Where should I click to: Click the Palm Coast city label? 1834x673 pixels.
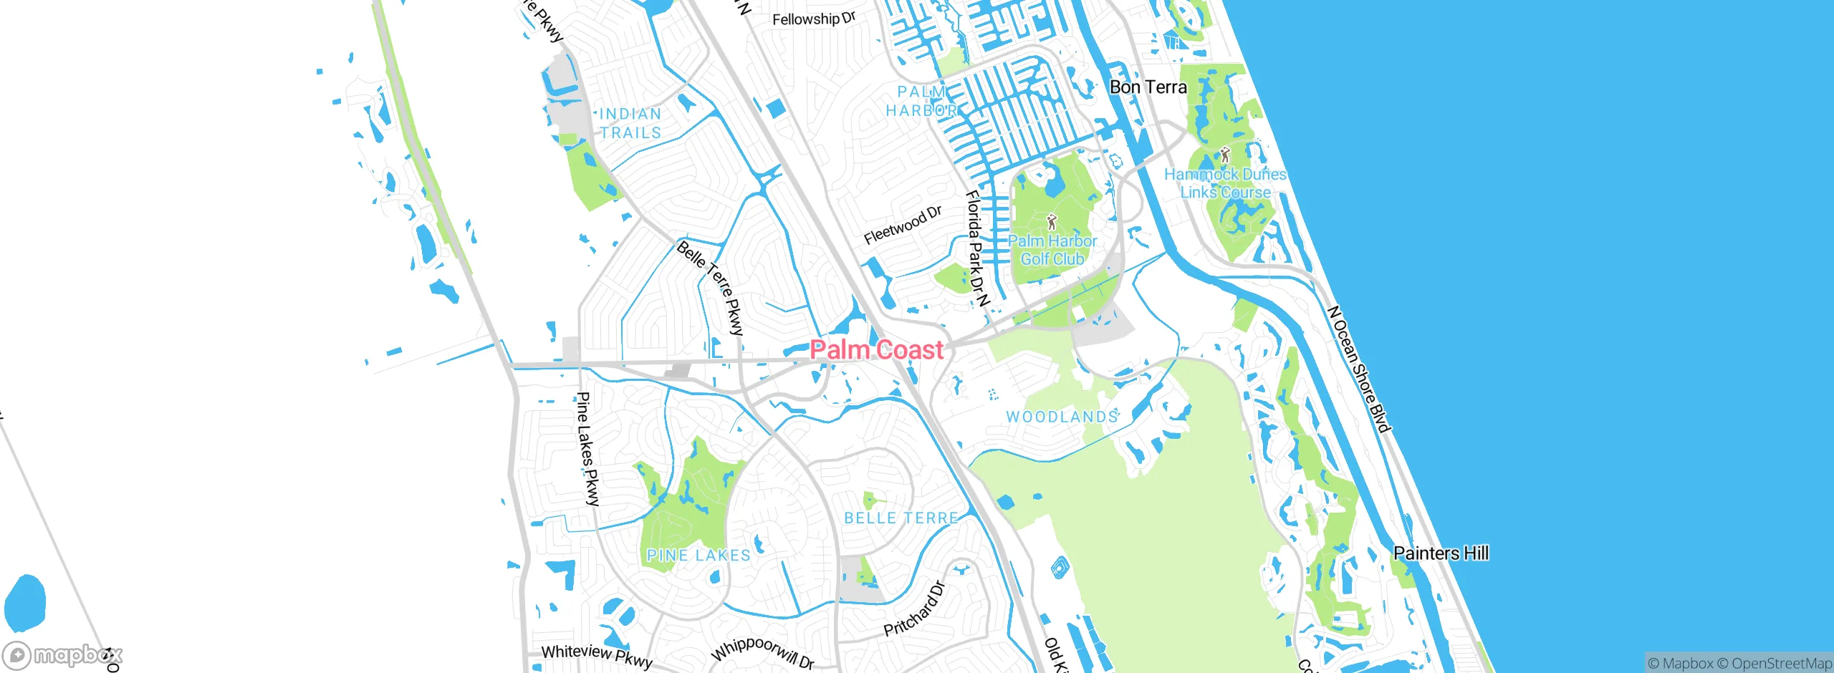tap(876, 350)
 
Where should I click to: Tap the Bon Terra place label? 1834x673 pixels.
tap(1148, 87)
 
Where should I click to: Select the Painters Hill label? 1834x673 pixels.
tap(1441, 553)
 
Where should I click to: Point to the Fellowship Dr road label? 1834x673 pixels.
tap(814, 19)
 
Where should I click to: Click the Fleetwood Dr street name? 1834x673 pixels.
tap(903, 225)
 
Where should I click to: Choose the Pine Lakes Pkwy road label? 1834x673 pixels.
tap(588, 449)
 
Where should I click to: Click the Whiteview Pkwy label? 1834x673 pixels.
tap(597, 655)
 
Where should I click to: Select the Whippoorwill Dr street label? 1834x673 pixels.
tap(762, 652)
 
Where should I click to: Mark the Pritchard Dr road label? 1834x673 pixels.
tap(915, 609)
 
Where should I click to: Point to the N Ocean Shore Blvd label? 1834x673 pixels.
tap(1358, 369)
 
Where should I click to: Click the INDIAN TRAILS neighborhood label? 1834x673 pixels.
tap(630, 123)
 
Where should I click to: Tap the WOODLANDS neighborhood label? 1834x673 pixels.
tap(1062, 417)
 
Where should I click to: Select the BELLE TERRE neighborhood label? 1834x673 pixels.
tap(901, 518)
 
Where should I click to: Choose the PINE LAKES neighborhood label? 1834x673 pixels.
tap(698, 555)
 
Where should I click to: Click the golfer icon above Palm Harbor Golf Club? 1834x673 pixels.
tap(1052, 222)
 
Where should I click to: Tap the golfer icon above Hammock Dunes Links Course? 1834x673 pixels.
tap(1225, 155)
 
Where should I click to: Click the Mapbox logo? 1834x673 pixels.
tap(63, 655)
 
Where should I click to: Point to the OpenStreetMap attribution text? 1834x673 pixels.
tap(1781, 664)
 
